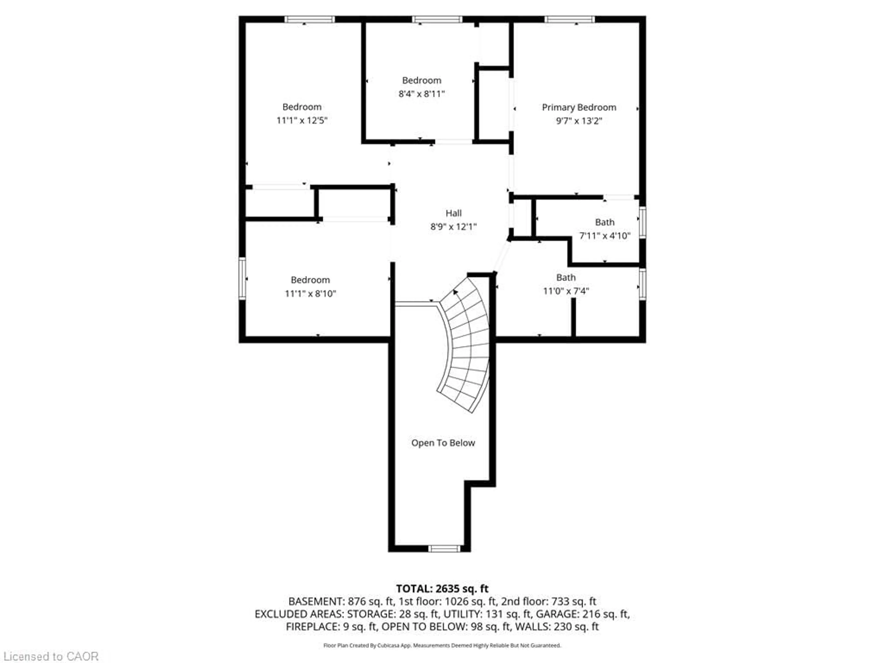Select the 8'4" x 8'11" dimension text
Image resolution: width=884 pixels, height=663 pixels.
point(421,94)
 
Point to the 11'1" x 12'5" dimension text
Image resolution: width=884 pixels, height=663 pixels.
point(302,120)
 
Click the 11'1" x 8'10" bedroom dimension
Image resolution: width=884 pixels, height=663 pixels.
point(310,294)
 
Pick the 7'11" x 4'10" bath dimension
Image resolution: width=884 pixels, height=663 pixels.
point(605,236)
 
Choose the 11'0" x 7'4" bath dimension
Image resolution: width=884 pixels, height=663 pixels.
point(566,291)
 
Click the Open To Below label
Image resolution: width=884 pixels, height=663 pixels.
point(443,443)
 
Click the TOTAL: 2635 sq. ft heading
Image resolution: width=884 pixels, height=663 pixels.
point(442,589)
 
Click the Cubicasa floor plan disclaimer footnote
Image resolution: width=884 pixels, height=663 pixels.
point(442,646)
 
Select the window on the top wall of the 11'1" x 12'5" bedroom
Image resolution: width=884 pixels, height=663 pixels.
point(309,19)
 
